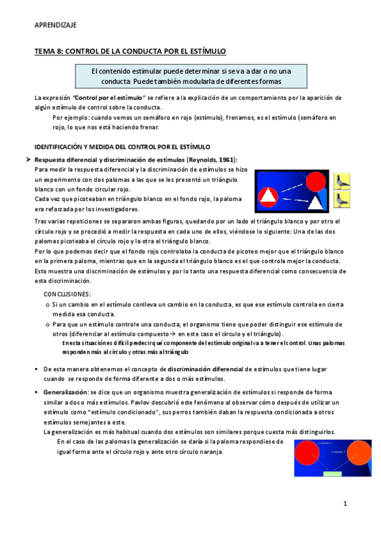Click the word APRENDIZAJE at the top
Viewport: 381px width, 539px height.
pyautogui.click(x=55, y=25)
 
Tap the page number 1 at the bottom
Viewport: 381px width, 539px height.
pyautogui.click(x=344, y=504)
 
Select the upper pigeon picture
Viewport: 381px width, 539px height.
pyautogui.click(x=344, y=180)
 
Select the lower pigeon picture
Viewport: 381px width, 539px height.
pyautogui.click(x=344, y=200)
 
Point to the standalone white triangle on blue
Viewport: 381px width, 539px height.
pyautogui.click(x=316, y=202)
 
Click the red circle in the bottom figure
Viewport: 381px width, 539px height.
pyautogui.click(x=308, y=453)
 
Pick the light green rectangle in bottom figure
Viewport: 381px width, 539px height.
pyautogui.click(x=333, y=474)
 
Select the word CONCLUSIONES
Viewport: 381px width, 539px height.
pyautogui.click(x=67, y=294)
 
